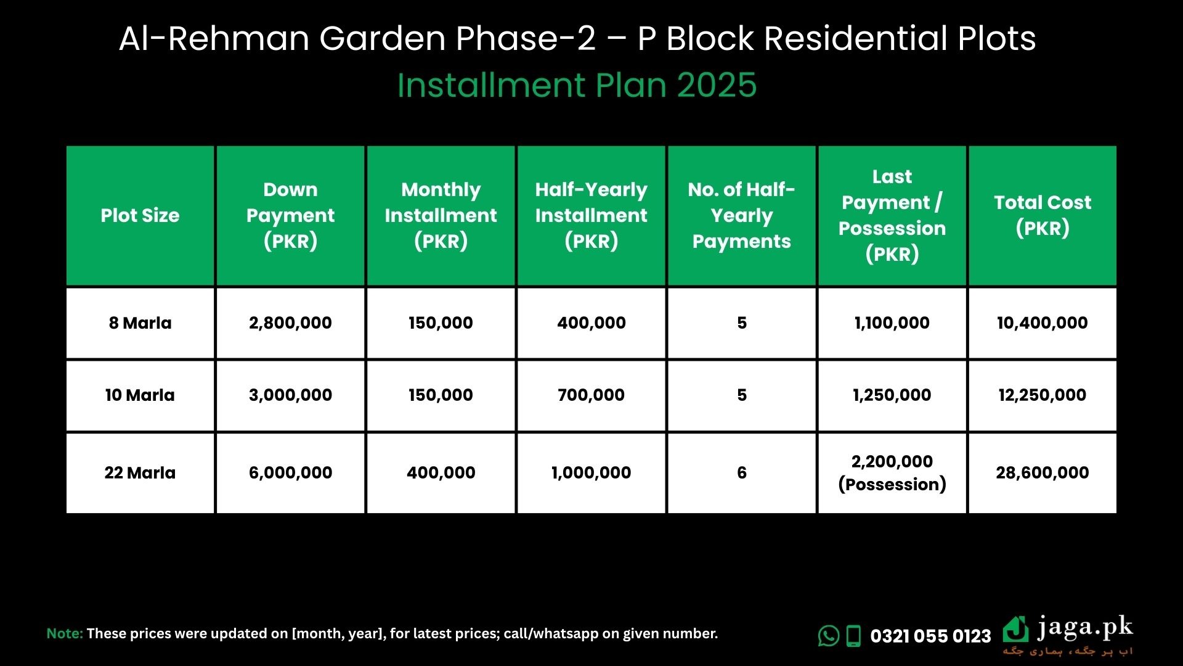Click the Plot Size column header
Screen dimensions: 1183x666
pyautogui.click(x=140, y=215)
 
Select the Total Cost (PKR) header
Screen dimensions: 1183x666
pyautogui.click(x=1043, y=215)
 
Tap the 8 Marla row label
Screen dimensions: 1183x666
pyautogui.click(x=140, y=323)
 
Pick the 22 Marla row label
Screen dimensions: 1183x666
pyautogui.click(x=140, y=472)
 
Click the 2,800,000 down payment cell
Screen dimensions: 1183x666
pyautogui.click(x=290, y=323)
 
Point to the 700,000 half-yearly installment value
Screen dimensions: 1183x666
pyautogui.click(x=591, y=395)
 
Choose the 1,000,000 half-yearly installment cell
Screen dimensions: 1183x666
pyautogui.click(x=591, y=472)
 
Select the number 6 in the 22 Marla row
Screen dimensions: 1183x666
pyautogui.click(x=742, y=472)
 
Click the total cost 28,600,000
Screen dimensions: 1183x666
pyautogui.click(x=1043, y=472)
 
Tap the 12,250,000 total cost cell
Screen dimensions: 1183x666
pyautogui.click(x=1043, y=395)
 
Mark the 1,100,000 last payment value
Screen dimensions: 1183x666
pyautogui.click(x=892, y=323)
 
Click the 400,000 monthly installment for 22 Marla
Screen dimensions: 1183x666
pyautogui.click(x=441, y=472)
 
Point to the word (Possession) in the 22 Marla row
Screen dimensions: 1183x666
pyautogui.click(x=892, y=485)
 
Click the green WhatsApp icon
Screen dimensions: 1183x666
pyautogui.click(x=829, y=636)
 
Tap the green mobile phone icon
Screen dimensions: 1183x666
pyautogui.click(x=853, y=636)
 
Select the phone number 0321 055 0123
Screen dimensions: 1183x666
pyautogui.click(x=930, y=636)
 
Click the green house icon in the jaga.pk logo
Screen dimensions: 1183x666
pyautogui.click(x=1015, y=629)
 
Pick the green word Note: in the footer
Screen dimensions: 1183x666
pyautogui.click(x=65, y=633)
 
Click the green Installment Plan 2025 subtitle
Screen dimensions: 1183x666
pyautogui.click(x=577, y=85)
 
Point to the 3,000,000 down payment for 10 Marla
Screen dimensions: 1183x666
pyautogui.click(x=290, y=395)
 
